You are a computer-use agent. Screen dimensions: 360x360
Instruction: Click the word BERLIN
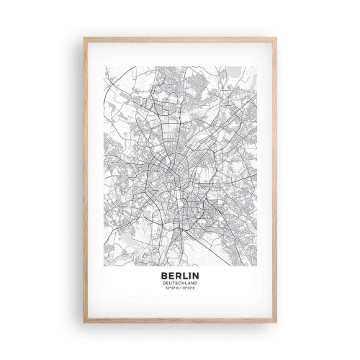point(179,275)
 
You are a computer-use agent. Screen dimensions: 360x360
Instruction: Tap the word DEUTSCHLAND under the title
point(179,283)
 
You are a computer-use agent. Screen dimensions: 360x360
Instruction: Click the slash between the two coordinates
point(180,289)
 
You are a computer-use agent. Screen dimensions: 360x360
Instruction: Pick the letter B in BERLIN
point(166,275)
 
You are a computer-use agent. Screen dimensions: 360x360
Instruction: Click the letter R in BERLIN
point(177,275)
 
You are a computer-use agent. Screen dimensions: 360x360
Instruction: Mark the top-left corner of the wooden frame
point(84,37)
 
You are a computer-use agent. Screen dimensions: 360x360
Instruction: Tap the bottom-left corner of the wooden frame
point(84,324)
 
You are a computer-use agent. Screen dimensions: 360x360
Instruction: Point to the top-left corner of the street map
point(105,66)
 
